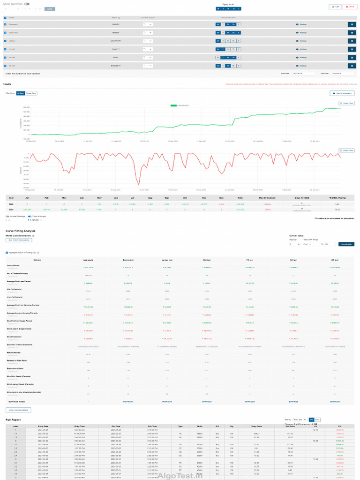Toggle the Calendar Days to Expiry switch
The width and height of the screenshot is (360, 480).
27,4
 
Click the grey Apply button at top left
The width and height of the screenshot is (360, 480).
50,9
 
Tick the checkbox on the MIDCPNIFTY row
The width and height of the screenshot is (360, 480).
5,41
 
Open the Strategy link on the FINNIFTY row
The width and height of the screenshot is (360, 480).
301,49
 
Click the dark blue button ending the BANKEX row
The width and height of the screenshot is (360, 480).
352,24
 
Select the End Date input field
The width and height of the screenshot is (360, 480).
342,74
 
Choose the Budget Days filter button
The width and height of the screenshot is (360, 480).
31,93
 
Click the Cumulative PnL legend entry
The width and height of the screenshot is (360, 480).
180,105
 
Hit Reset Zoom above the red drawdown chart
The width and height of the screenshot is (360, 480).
347,150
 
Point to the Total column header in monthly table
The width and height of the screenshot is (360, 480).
240,198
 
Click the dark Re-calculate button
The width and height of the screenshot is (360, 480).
347,244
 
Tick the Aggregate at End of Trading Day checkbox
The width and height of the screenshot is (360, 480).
7,252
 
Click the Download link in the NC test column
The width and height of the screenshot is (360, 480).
293,402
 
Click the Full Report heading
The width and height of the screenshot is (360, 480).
13,420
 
